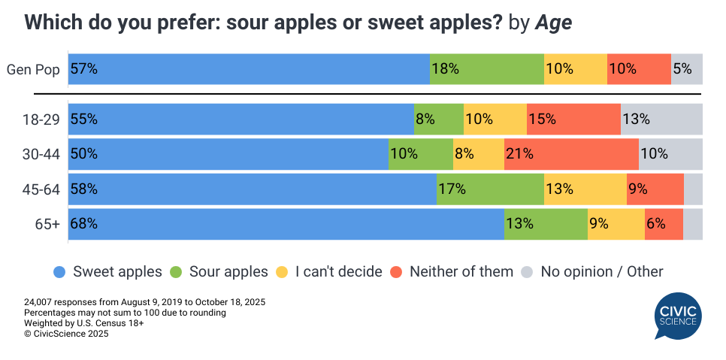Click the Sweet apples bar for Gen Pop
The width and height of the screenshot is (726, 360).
[249, 69]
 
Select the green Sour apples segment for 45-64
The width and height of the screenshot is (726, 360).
[490, 189]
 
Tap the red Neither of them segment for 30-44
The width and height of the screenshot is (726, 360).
[571, 154]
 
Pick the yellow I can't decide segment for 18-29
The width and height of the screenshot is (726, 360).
[495, 119]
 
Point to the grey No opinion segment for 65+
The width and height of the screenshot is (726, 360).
[693, 224]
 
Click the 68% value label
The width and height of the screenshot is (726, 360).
[83, 224]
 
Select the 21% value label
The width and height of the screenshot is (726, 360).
[519, 154]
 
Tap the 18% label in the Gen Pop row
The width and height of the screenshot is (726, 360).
[445, 69]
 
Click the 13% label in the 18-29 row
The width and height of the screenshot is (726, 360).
[636, 119]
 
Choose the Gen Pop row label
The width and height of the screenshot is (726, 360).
[33, 69]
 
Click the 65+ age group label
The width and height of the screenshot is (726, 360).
[47, 224]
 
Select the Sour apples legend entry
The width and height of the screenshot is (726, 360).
[219, 271]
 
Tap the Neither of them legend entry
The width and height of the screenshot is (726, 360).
[452, 271]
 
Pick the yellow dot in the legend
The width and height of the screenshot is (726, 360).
[283, 271]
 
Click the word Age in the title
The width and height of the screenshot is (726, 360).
[553, 23]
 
